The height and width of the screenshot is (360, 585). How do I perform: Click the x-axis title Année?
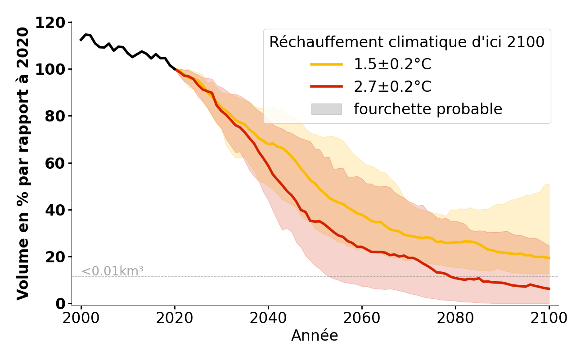315,336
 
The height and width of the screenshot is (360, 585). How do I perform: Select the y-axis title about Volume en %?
23,163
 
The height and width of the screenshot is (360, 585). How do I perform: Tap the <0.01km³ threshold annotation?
112,271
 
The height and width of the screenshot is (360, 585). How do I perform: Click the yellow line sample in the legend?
327,65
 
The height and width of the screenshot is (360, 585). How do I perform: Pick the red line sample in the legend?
327,87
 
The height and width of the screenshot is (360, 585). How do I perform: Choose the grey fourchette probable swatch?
327,109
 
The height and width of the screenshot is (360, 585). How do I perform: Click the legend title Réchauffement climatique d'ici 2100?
407,42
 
